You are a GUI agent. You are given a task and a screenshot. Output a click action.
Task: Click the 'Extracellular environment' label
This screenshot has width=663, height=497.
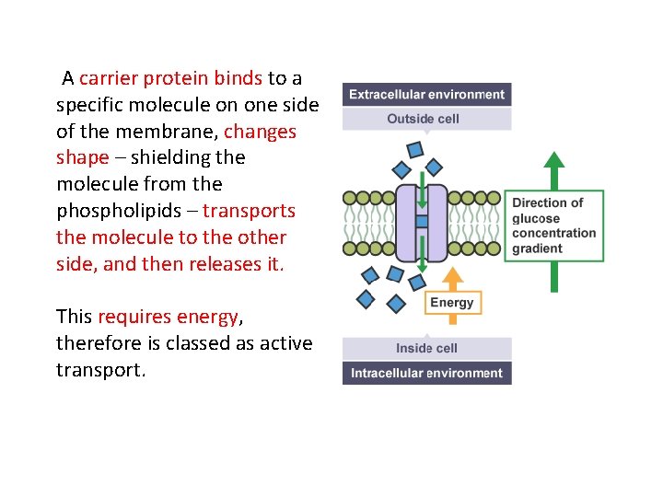[426, 95]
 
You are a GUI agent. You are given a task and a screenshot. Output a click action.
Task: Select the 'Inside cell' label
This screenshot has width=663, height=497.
[426, 348]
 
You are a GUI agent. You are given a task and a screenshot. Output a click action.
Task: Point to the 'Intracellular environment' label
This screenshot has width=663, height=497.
[426, 373]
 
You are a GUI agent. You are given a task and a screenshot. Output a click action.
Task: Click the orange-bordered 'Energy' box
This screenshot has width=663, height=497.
[451, 303]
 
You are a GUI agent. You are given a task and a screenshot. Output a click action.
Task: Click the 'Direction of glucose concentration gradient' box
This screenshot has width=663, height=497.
[554, 225]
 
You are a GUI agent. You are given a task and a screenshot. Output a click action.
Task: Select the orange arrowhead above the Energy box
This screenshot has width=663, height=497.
[451, 275]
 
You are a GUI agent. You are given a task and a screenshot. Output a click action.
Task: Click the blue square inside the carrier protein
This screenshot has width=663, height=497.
[422, 221]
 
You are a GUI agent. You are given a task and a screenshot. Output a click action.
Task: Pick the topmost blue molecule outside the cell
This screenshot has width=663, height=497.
[415, 148]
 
